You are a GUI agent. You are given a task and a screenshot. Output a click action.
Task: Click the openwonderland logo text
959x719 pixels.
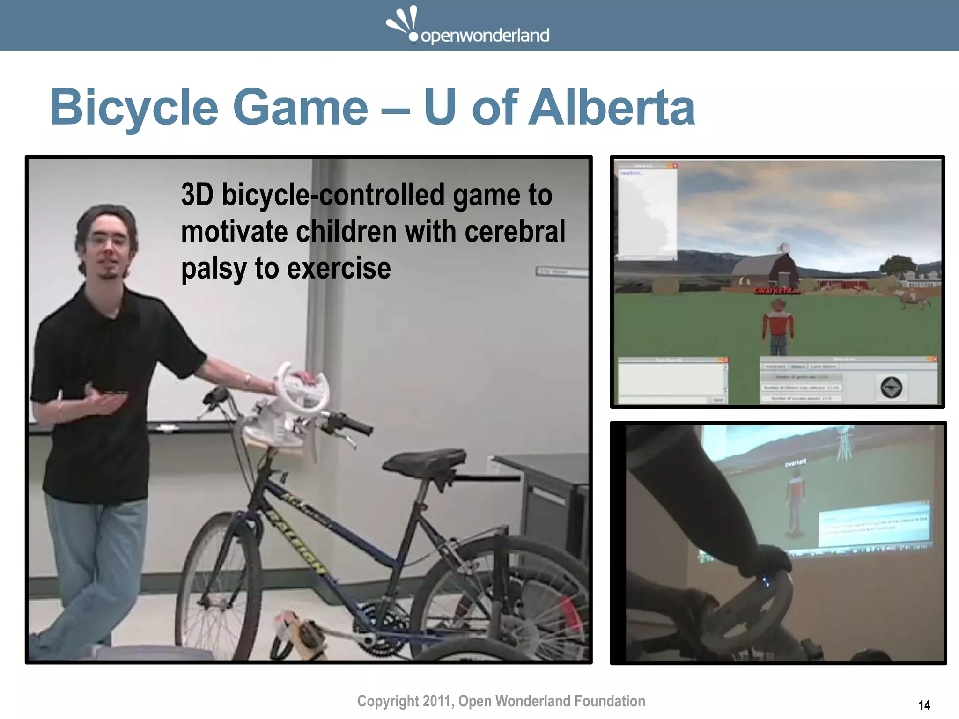coord(485,36)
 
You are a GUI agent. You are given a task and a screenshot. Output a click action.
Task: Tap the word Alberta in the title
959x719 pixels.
coord(612,108)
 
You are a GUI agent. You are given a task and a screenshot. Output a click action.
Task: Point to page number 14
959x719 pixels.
coord(924,705)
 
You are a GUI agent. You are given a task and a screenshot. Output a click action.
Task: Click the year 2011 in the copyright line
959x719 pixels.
coord(436,701)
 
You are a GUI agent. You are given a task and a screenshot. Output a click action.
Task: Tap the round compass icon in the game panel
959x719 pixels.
coord(891,388)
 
